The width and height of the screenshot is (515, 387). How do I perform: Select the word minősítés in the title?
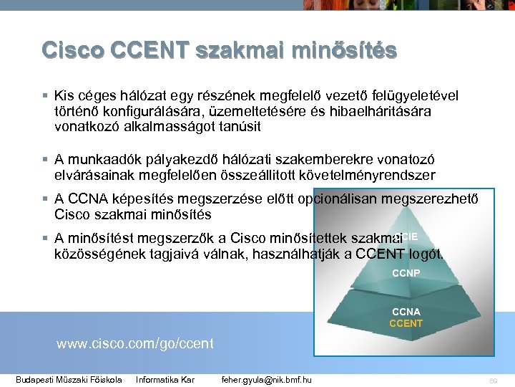[342, 50]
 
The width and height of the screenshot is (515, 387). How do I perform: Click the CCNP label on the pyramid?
[406, 273]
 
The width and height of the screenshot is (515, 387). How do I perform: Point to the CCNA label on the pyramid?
[406, 312]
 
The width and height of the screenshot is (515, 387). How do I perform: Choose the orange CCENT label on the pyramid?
[406, 323]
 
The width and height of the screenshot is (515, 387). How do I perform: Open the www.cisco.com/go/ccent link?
[134, 343]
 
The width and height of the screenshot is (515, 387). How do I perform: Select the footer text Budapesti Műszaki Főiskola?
[69, 379]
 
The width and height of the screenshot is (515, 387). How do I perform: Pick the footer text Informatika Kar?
[165, 379]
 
